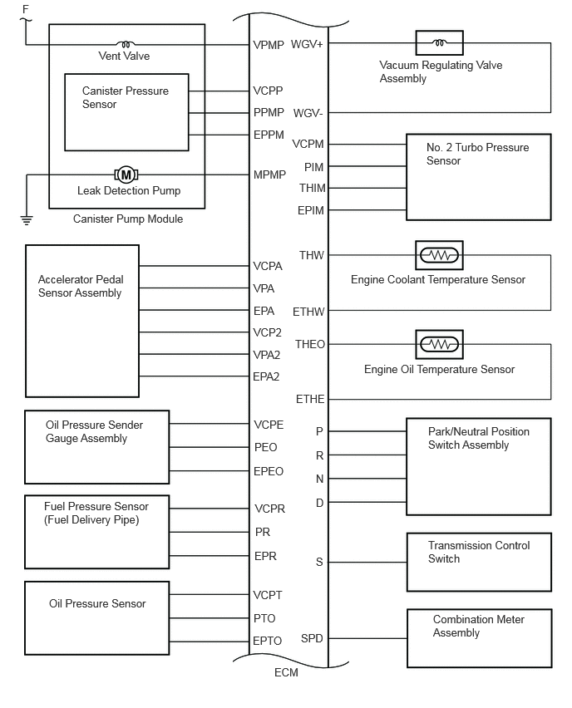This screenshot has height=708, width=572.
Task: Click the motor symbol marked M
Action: [126, 175]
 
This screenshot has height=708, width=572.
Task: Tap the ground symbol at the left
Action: [27, 220]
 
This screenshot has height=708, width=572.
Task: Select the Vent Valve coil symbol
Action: [126, 44]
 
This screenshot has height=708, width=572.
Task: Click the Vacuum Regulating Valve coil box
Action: [439, 43]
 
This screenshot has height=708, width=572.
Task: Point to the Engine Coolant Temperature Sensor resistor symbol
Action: [439, 256]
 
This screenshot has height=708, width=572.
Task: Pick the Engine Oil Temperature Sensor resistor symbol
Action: [439, 345]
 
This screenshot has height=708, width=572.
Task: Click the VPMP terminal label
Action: [269, 45]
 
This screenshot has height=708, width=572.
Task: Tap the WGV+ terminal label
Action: [307, 44]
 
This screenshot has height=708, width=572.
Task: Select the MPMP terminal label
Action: [269, 175]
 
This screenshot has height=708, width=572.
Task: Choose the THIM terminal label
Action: [312, 188]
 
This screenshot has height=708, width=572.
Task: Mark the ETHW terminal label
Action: [308, 312]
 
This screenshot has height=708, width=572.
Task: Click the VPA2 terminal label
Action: [267, 355]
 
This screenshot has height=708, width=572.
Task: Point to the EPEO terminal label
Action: [269, 471]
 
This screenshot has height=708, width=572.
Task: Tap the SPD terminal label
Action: [312, 638]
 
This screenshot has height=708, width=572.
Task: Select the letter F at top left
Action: [26, 9]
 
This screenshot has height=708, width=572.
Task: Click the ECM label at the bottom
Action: [286, 673]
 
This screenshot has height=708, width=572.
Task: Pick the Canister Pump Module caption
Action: [128, 219]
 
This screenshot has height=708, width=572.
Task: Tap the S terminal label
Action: [319, 562]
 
